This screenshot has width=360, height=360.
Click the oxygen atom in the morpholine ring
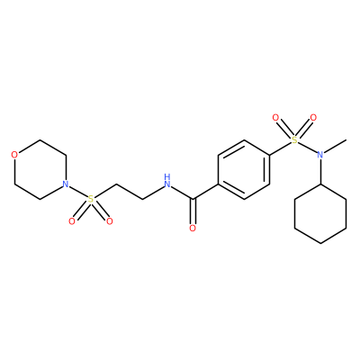(x=14, y=155)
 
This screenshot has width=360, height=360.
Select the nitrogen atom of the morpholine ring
(x=65, y=184)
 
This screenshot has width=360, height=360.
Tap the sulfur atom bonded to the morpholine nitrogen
(x=90, y=199)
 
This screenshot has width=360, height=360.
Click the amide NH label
(x=167, y=181)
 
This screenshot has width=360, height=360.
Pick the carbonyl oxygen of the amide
(x=193, y=229)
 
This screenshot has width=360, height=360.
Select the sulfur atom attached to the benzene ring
(x=295, y=140)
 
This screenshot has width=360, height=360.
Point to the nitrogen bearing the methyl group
(x=320, y=155)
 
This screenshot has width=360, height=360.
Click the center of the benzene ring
(x=244, y=169)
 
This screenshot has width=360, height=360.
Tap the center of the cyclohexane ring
(x=320, y=213)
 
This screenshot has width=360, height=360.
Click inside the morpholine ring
(x=40, y=169)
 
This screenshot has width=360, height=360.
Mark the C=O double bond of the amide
(x=193, y=211)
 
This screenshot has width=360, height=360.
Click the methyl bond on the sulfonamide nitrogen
(x=336, y=146)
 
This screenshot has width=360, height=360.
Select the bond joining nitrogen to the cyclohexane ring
(x=320, y=172)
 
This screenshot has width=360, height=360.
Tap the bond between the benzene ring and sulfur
(x=281, y=148)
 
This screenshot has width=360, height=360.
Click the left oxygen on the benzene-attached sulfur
(x=275, y=118)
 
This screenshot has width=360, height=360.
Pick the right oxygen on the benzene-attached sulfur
(x=313, y=118)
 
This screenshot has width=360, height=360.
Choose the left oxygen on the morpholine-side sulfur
(x=71, y=221)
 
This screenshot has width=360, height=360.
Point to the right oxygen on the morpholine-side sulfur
(x=110, y=221)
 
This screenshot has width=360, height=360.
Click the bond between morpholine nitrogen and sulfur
(x=77, y=192)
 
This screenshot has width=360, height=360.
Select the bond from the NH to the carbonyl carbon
(x=182, y=193)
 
